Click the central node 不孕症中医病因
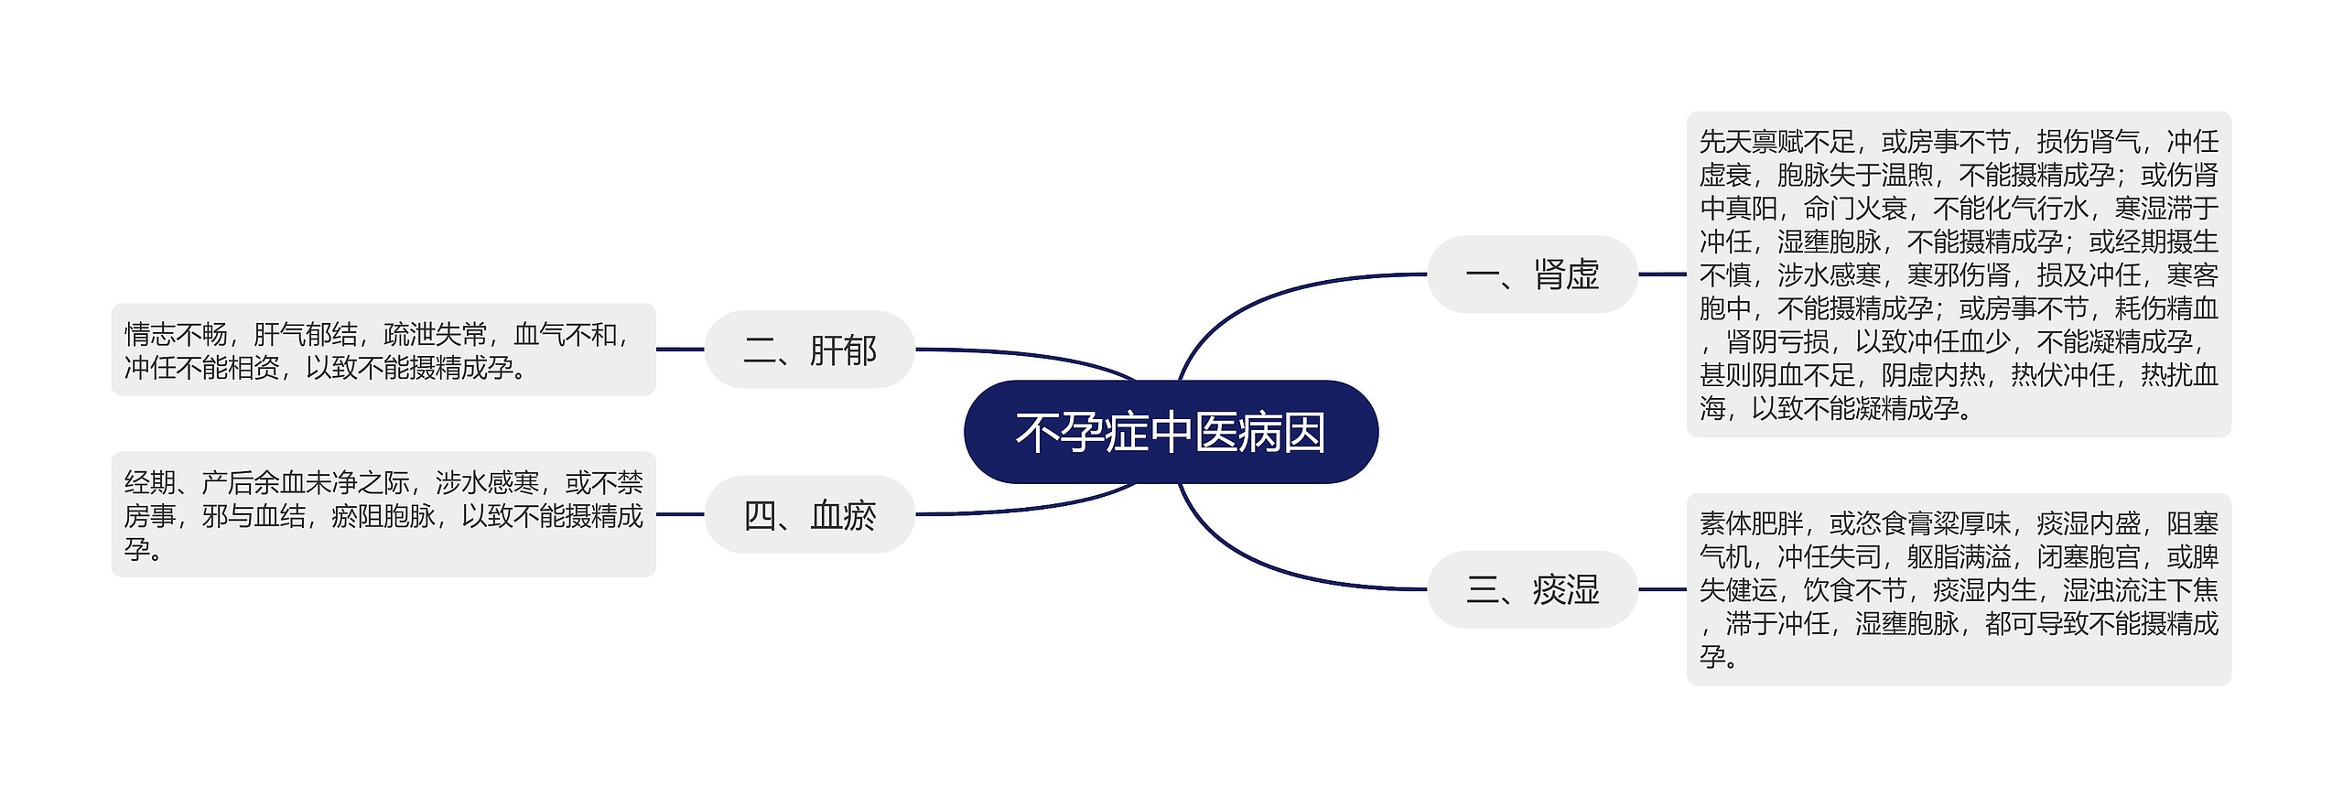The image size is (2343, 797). [x=1171, y=432]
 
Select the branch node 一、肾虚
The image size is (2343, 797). [x=1532, y=275]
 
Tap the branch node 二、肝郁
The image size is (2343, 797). [x=810, y=350]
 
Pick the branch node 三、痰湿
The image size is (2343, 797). [x=1532, y=589]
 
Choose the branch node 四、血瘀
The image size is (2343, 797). [x=810, y=515]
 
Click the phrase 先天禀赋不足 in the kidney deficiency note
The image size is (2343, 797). [x=1776, y=142]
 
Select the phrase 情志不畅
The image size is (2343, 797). [x=176, y=335]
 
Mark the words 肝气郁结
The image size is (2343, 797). [x=305, y=335]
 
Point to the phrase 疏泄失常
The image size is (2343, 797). [x=435, y=335]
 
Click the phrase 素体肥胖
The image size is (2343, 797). [x=1751, y=523]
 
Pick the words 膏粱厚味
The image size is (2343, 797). [x=1959, y=523]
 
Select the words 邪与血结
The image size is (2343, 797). [x=254, y=516]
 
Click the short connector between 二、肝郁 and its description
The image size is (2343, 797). [x=680, y=350]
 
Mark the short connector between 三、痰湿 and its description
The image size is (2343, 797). [x=1661, y=589]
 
